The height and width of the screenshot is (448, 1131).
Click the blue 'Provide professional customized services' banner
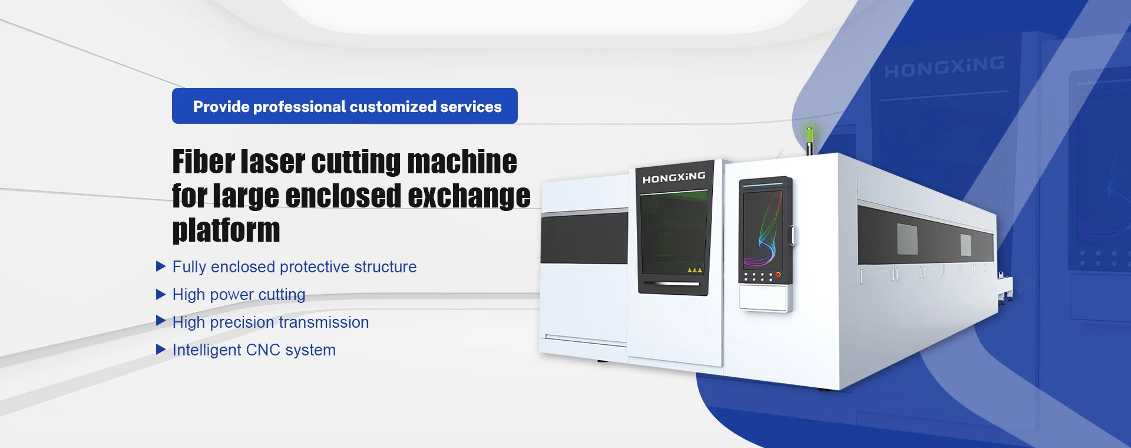pyautogui.click(x=345, y=106)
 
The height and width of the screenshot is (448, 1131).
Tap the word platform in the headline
pyautogui.click(x=226, y=230)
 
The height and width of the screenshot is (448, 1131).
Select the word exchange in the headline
pyautogui.click(x=469, y=196)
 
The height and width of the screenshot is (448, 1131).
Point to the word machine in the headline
pyautogui.click(x=462, y=162)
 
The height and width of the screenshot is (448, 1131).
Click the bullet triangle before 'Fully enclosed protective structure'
pyautogui.click(x=161, y=266)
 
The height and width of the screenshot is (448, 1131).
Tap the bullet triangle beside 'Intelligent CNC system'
pyautogui.click(x=161, y=350)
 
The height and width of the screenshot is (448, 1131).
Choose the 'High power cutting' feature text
pyautogui.click(x=239, y=295)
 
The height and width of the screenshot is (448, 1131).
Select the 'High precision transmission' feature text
pyautogui.click(x=270, y=322)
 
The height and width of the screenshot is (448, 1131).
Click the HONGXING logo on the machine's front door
pyautogui.click(x=674, y=177)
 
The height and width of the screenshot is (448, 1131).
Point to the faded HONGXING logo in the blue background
pyautogui.click(x=944, y=67)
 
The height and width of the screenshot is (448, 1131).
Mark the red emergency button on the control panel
pyautogui.click(x=778, y=275)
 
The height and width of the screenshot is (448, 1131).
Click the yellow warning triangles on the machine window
pyautogui.click(x=695, y=270)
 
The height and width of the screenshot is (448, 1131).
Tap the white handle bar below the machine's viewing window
pyautogui.click(x=671, y=284)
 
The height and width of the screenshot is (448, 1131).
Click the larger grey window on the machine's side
pyautogui.click(x=907, y=239)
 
